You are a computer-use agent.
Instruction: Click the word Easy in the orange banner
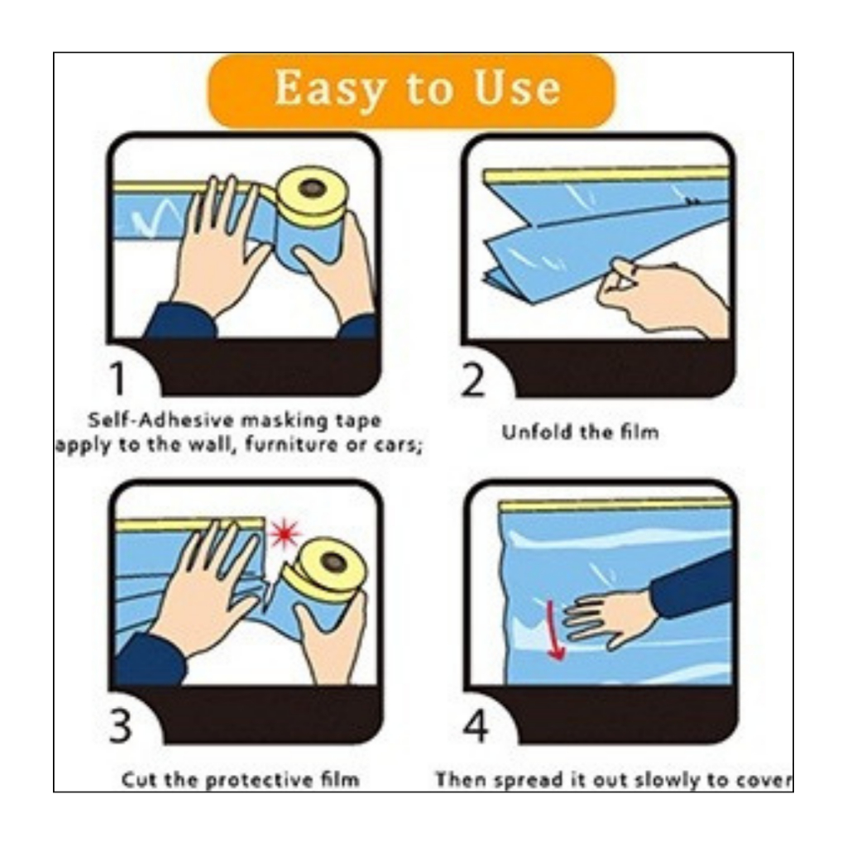tap(331, 89)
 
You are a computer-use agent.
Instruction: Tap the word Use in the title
tap(517, 87)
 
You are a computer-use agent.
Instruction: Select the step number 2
tap(473, 380)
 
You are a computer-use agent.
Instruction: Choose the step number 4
tap(476, 726)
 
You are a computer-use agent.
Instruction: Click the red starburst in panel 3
tap(285, 534)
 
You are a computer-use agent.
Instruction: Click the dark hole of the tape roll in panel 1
tap(312, 189)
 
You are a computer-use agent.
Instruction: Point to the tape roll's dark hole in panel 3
tap(334, 562)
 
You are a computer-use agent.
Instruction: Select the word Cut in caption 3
tap(141, 780)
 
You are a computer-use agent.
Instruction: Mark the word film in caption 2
tap(639, 432)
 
